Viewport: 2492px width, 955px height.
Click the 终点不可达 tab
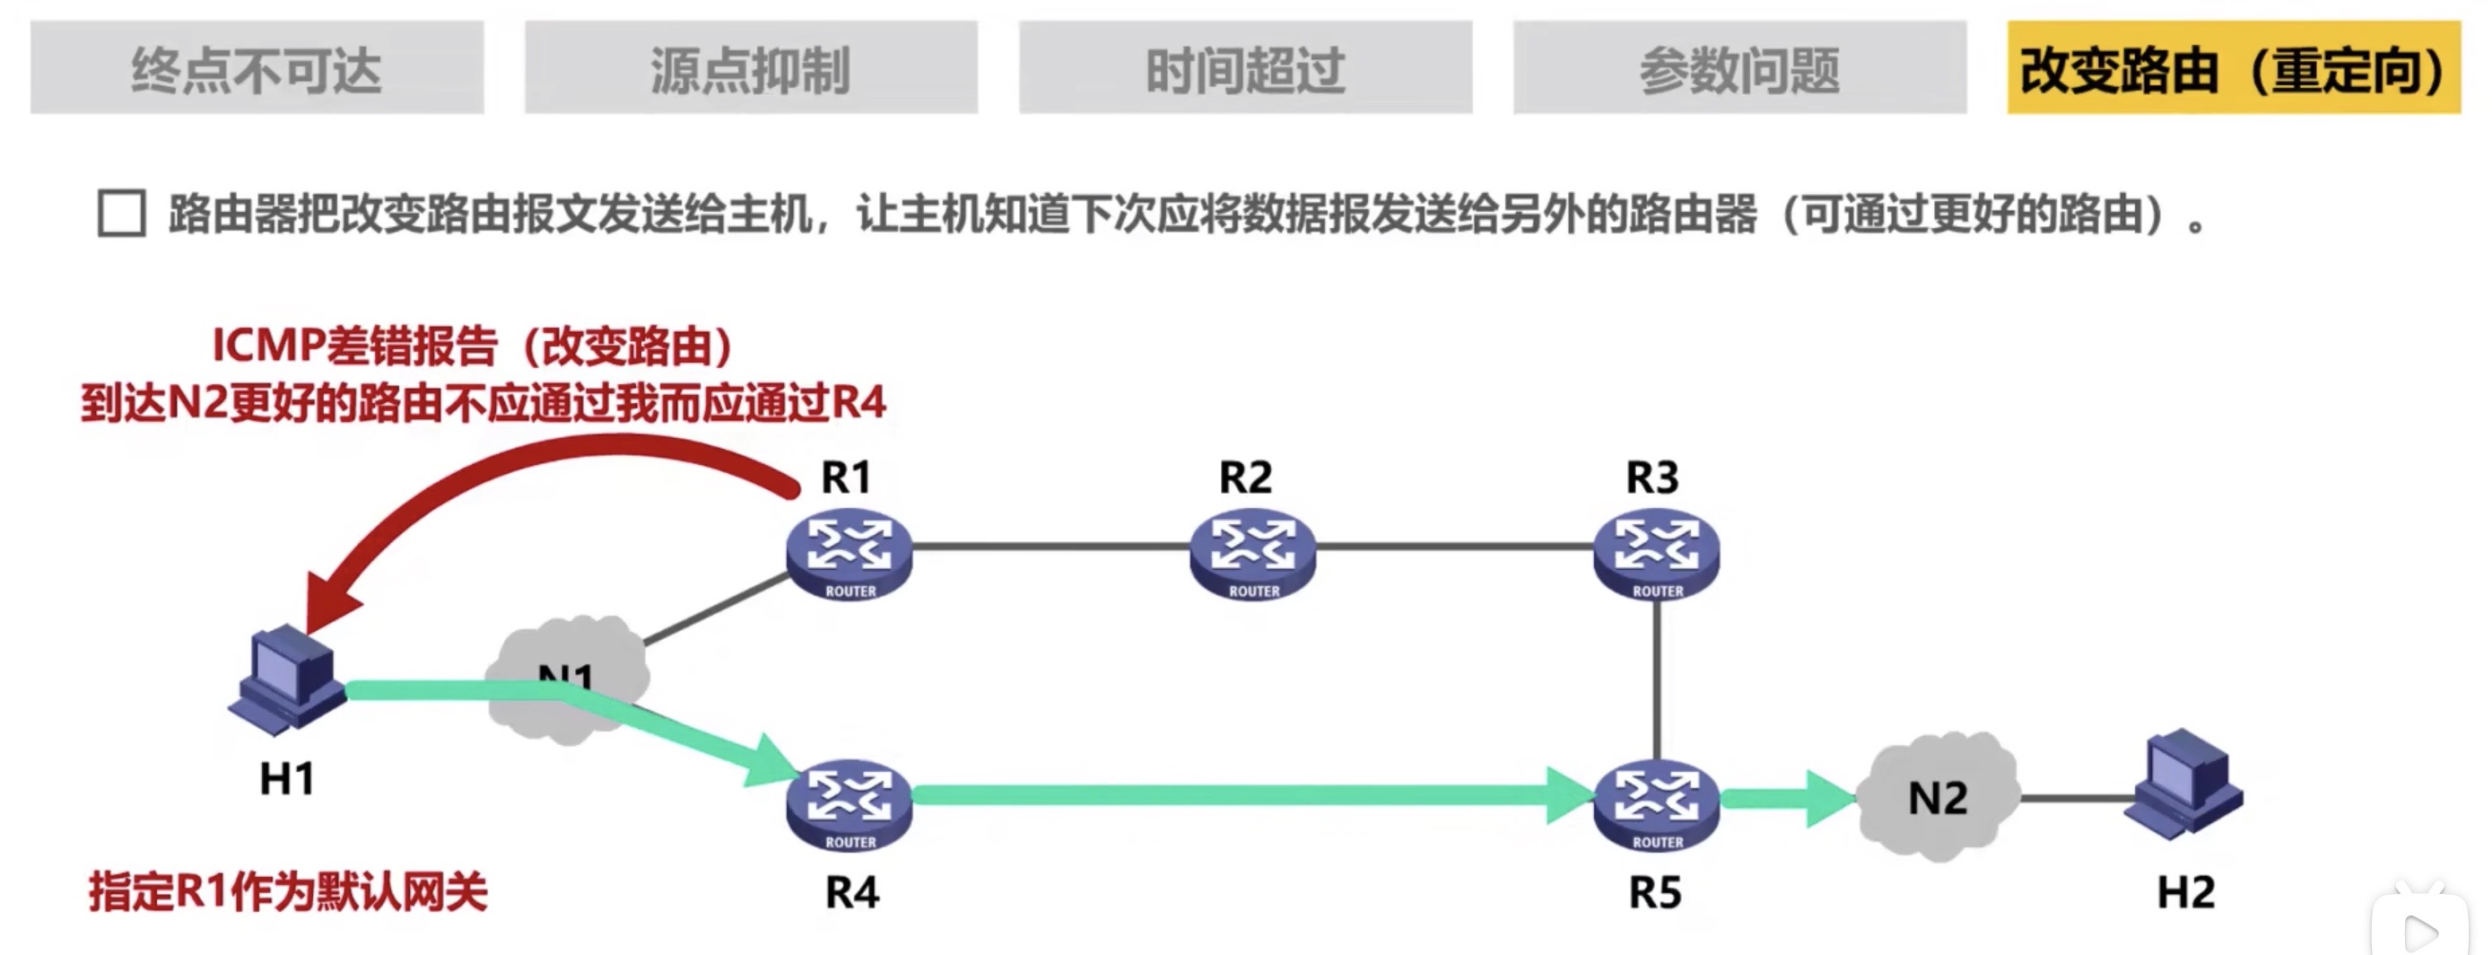point(257,67)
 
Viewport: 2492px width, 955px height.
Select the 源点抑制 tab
point(751,67)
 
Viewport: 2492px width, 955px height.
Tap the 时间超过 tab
point(1245,67)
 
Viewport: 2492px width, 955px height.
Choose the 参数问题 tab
point(1739,67)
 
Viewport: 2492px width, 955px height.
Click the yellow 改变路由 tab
point(2233,67)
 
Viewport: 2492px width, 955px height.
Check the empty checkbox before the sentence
point(122,213)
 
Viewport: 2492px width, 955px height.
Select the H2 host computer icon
point(2183,784)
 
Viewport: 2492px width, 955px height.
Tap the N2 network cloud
point(1938,797)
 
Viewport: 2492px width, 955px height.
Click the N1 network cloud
point(566,678)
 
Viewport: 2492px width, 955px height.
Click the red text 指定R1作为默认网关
point(287,891)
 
